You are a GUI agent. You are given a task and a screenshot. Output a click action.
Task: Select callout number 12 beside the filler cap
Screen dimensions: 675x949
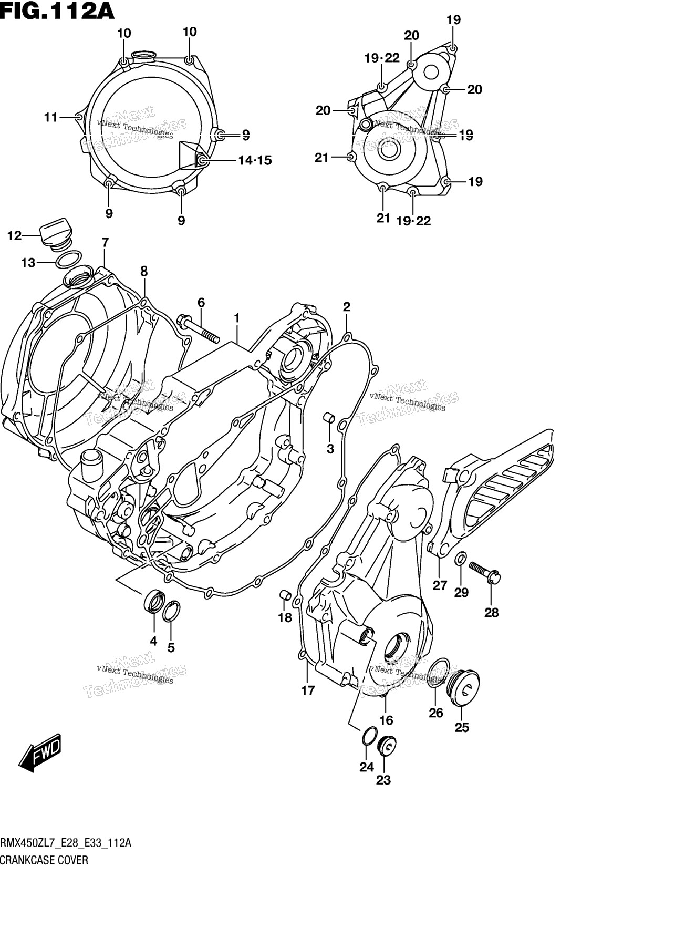pyautogui.click(x=14, y=236)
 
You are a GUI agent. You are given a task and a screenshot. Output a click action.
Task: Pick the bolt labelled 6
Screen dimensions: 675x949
pyautogui.click(x=198, y=328)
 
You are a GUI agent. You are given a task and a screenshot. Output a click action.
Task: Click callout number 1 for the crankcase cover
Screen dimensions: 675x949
pyautogui.click(x=237, y=318)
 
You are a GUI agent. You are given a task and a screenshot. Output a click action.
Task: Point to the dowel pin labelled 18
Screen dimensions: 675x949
pyautogui.click(x=286, y=595)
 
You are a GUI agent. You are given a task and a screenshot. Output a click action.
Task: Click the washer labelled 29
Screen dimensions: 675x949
pyautogui.click(x=460, y=558)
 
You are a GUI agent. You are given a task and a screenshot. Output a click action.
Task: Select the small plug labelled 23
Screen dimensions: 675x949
pyautogui.click(x=386, y=746)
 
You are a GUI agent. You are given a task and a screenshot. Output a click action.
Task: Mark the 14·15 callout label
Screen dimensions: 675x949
pyautogui.click(x=255, y=160)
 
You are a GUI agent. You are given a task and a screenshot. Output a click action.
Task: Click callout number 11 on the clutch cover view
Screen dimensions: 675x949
pyautogui.click(x=50, y=117)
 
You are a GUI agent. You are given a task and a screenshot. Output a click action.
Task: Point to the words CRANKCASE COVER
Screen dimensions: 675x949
pyautogui.click(x=44, y=860)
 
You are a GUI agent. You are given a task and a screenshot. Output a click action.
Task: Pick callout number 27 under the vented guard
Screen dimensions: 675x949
pyautogui.click(x=440, y=585)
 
